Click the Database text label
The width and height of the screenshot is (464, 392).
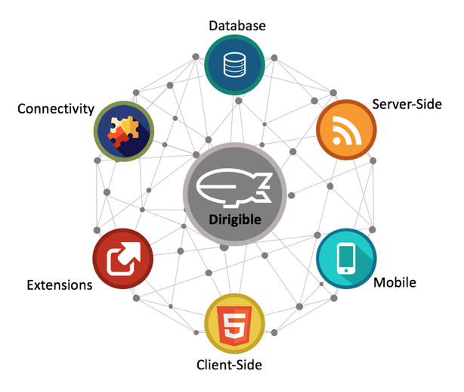click(x=237, y=26)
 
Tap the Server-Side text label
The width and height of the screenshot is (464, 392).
click(x=407, y=104)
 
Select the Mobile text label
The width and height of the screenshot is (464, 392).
click(x=394, y=282)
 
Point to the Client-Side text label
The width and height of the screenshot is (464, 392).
click(x=229, y=365)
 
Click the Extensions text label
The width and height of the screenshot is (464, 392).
click(x=60, y=285)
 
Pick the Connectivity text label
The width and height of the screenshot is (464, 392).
click(x=56, y=109)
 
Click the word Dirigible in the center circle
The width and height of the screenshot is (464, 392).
click(x=235, y=220)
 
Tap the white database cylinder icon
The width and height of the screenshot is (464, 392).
click(x=234, y=64)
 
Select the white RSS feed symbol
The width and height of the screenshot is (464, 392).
click(x=347, y=130)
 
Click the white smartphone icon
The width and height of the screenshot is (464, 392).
click(x=346, y=259)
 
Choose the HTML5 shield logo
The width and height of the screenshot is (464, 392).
click(x=234, y=325)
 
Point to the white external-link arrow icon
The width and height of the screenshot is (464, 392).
click(x=123, y=259)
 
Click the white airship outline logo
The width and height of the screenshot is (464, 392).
click(x=234, y=188)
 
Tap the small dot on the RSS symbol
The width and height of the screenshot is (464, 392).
click(x=336, y=141)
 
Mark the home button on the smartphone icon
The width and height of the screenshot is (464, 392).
click(x=346, y=270)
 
